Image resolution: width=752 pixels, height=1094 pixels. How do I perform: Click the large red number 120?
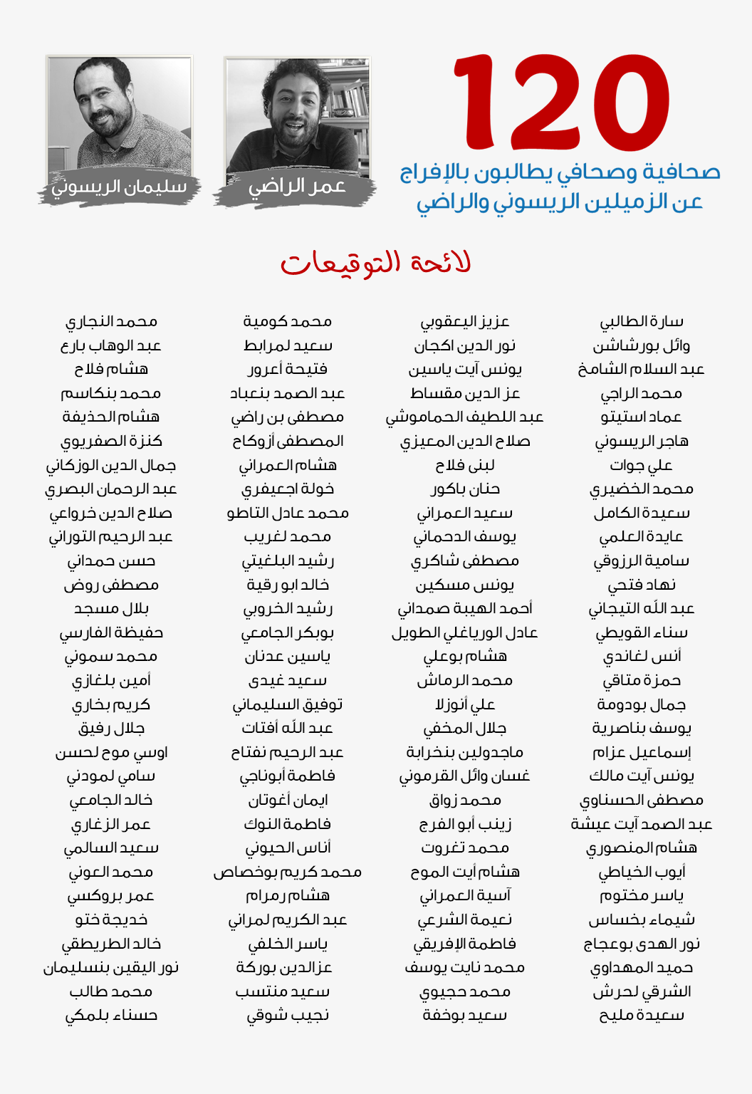click(561, 103)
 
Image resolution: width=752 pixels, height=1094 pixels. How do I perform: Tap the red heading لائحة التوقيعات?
click(375, 263)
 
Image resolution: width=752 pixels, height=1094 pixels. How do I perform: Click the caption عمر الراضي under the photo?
click(296, 187)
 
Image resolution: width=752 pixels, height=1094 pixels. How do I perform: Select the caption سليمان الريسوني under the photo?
click(119, 187)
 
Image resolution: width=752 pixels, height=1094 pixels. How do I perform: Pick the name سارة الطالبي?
click(642, 322)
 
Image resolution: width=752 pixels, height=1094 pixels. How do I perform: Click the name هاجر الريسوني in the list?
click(642, 442)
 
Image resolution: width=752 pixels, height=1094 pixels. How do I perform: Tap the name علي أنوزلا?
click(465, 704)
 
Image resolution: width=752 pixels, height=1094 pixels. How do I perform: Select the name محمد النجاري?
click(111, 322)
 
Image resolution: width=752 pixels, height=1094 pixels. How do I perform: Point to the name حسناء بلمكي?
click(111, 1016)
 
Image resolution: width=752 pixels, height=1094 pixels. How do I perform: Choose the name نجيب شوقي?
click(288, 1016)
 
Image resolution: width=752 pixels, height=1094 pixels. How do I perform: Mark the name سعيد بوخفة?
click(465, 1016)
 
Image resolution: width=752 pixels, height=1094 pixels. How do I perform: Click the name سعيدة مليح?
click(642, 1016)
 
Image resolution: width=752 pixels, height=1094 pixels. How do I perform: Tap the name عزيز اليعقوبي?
click(465, 322)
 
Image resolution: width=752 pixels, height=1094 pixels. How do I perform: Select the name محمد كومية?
click(288, 322)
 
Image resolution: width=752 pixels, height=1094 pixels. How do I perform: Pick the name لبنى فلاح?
click(465, 466)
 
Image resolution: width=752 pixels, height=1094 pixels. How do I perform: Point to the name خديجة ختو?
click(111, 920)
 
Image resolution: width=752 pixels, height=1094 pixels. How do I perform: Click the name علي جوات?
click(642, 466)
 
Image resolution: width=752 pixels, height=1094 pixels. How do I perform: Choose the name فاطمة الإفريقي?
click(465, 944)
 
